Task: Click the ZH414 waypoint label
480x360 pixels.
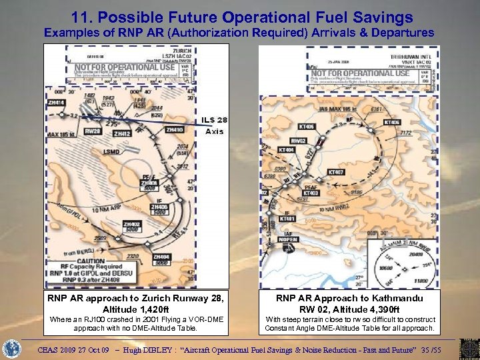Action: click(x=55, y=103)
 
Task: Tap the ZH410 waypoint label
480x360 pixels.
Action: click(x=175, y=129)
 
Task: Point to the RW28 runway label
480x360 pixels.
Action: click(x=93, y=131)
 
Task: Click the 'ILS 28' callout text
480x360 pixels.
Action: click(x=215, y=120)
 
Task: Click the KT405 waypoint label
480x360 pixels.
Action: click(x=392, y=123)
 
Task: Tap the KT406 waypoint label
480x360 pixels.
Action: click(x=307, y=126)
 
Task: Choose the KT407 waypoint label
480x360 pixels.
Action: click(x=337, y=171)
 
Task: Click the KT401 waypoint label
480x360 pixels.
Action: click(x=287, y=219)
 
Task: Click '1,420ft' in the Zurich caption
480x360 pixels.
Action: click(x=163, y=309)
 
